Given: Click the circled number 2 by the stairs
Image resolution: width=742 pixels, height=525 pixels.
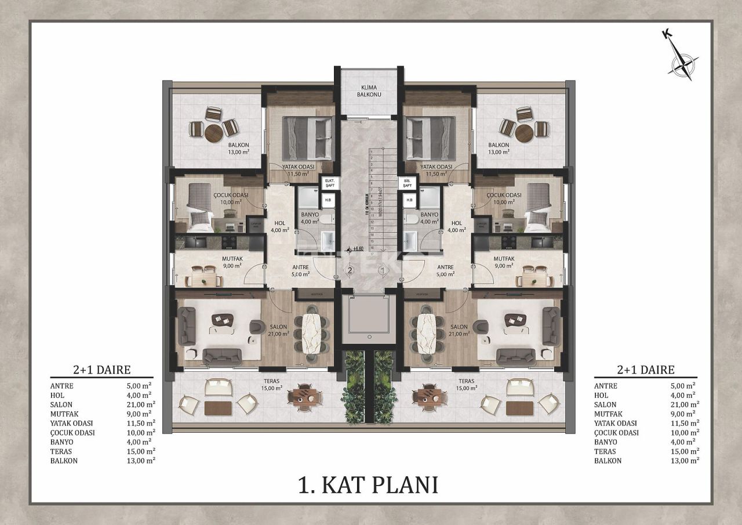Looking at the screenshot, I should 350,270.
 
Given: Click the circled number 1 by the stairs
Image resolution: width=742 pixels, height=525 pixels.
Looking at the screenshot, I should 382,270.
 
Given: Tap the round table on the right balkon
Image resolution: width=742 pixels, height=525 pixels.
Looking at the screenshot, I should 524,132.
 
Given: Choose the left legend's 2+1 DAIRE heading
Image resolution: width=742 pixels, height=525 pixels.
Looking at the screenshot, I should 101,370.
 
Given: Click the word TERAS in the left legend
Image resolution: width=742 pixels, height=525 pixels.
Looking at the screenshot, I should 61,451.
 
